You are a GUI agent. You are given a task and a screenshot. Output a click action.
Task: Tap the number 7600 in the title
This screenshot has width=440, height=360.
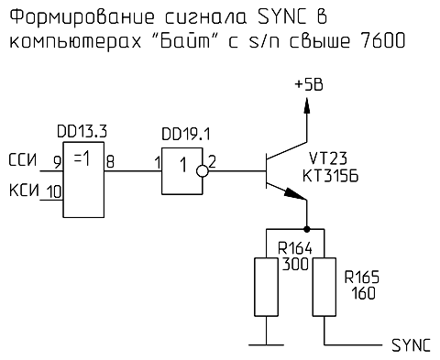[379, 42]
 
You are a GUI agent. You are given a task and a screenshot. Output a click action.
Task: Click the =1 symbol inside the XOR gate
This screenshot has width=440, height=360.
[80, 158]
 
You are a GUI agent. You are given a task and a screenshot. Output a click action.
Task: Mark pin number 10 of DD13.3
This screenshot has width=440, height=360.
[53, 191]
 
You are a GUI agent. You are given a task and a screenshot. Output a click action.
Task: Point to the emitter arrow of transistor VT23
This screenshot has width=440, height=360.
[295, 193]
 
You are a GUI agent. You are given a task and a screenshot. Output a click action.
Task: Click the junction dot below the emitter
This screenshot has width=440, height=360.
[305, 229]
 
